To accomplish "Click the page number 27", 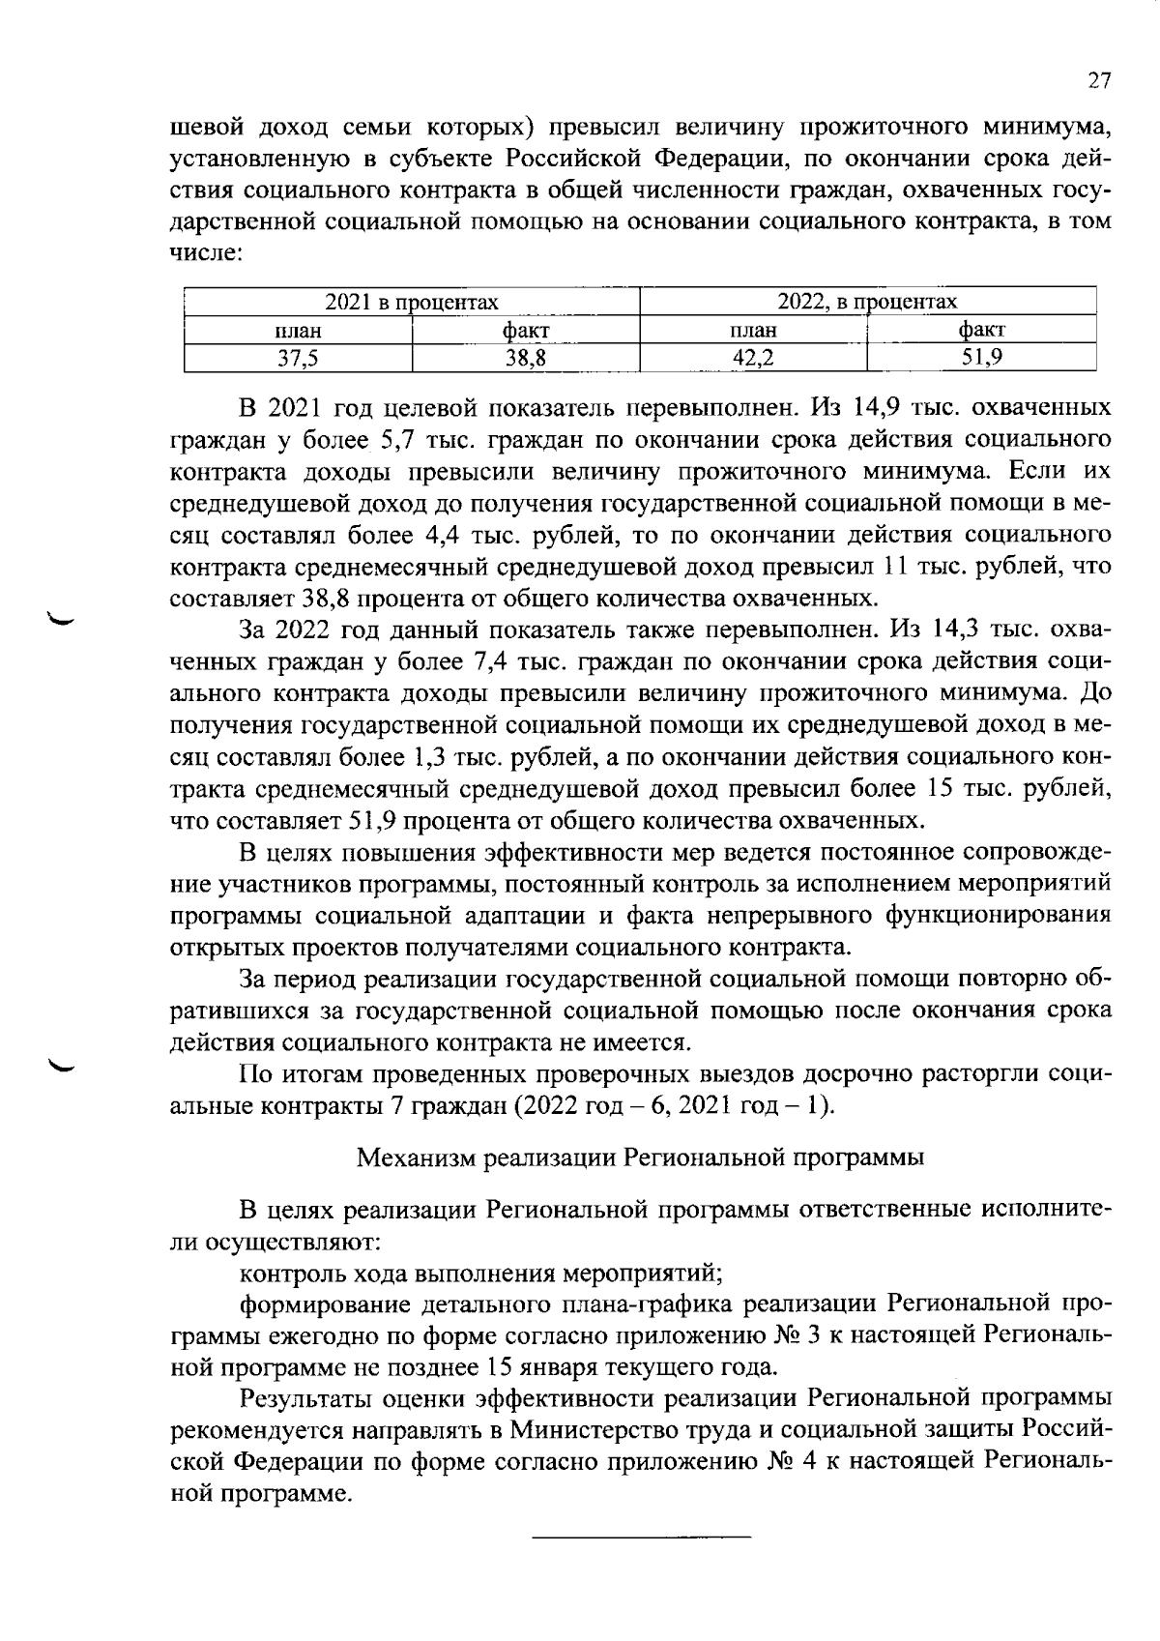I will (1099, 80).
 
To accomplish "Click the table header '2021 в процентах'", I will (412, 303).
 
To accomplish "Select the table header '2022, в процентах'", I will (867, 303).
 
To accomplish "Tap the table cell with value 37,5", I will (298, 359).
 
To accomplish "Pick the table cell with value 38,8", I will (526, 359).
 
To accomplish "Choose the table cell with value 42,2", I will (753, 359).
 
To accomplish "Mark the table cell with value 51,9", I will (981, 359).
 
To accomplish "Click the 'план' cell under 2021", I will (298, 331).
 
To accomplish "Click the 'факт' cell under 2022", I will (981, 331).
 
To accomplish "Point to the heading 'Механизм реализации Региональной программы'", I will (641, 1157).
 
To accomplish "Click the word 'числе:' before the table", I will (205, 254).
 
